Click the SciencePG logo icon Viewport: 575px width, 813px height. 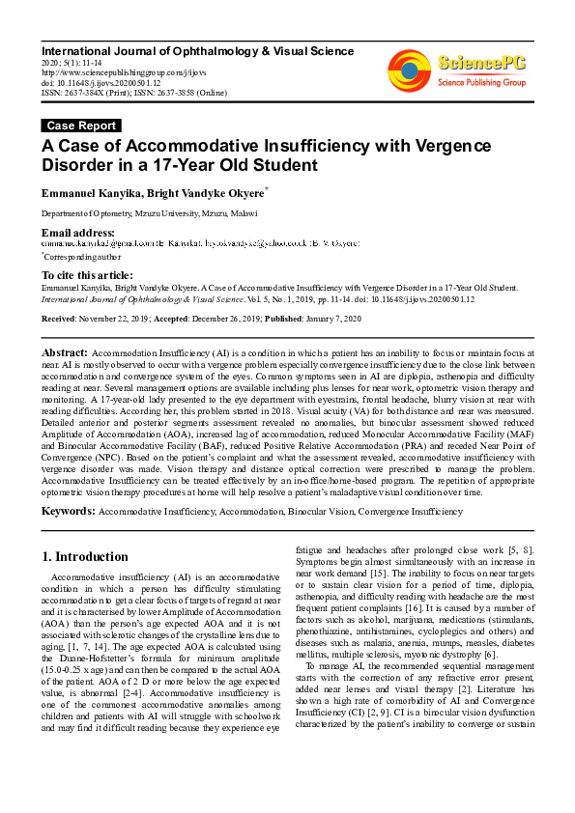click(409, 70)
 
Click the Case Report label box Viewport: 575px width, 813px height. click(82, 126)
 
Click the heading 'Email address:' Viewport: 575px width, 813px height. click(77, 233)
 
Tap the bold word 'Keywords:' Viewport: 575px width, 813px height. click(69, 509)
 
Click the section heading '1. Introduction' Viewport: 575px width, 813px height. click(86, 557)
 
